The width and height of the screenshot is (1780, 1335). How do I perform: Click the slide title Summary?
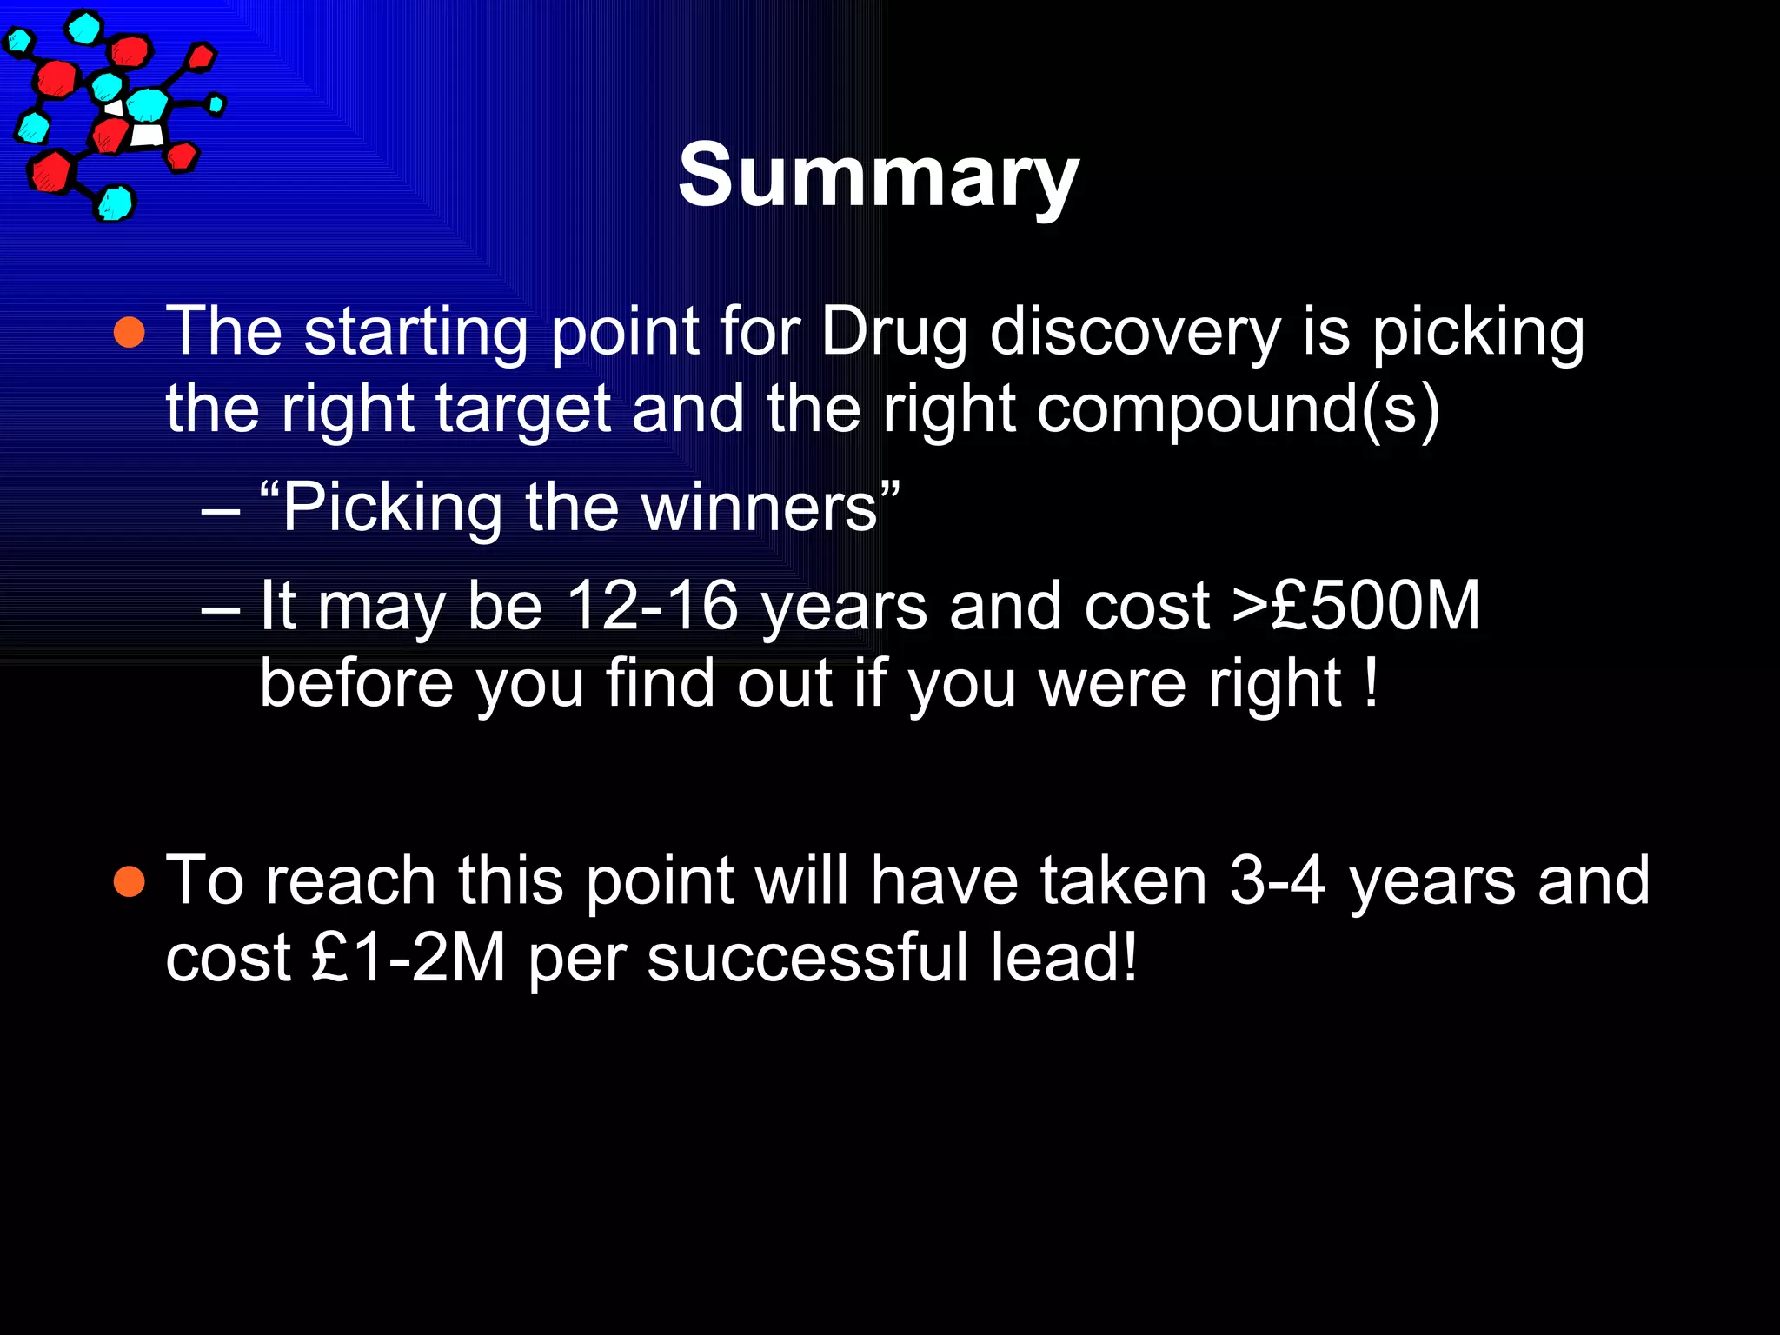[x=878, y=176]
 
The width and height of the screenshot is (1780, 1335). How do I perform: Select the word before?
[x=356, y=683]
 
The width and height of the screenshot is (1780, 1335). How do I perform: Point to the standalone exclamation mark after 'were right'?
[x=1371, y=683]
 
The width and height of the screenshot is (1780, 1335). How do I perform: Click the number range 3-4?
[x=1278, y=881]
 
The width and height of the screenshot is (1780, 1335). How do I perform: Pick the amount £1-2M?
[x=408, y=959]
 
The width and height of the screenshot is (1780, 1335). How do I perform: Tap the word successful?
[x=807, y=959]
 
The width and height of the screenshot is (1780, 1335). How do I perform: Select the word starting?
[x=415, y=334]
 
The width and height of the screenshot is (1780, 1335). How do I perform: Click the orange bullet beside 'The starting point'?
[x=130, y=333]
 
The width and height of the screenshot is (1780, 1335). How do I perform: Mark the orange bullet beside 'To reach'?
[x=130, y=881]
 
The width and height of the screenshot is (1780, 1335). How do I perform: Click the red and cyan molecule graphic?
[x=113, y=113]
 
